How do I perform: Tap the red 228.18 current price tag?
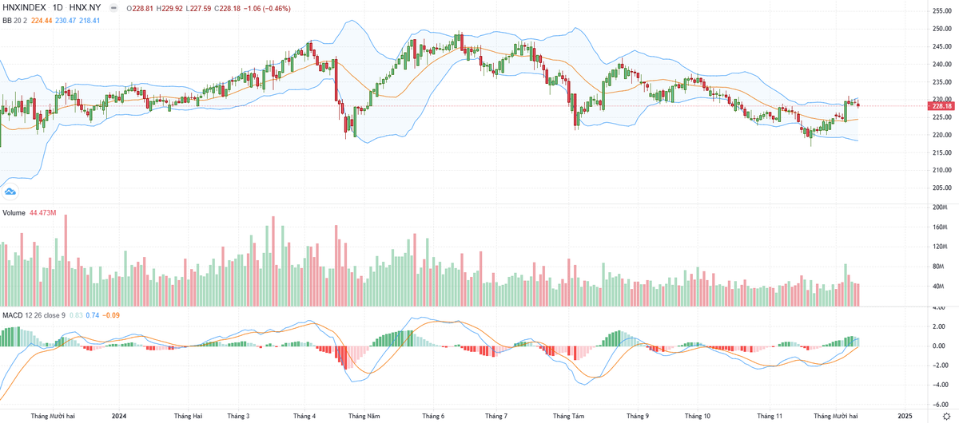click(x=943, y=105)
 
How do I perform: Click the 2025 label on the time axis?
click(x=905, y=416)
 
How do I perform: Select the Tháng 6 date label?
click(x=432, y=416)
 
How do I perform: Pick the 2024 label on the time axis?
click(x=119, y=416)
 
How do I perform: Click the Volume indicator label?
click(x=14, y=213)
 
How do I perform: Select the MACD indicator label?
click(x=13, y=315)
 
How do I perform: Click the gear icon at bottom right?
click(x=946, y=417)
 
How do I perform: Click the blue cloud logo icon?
click(x=10, y=192)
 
